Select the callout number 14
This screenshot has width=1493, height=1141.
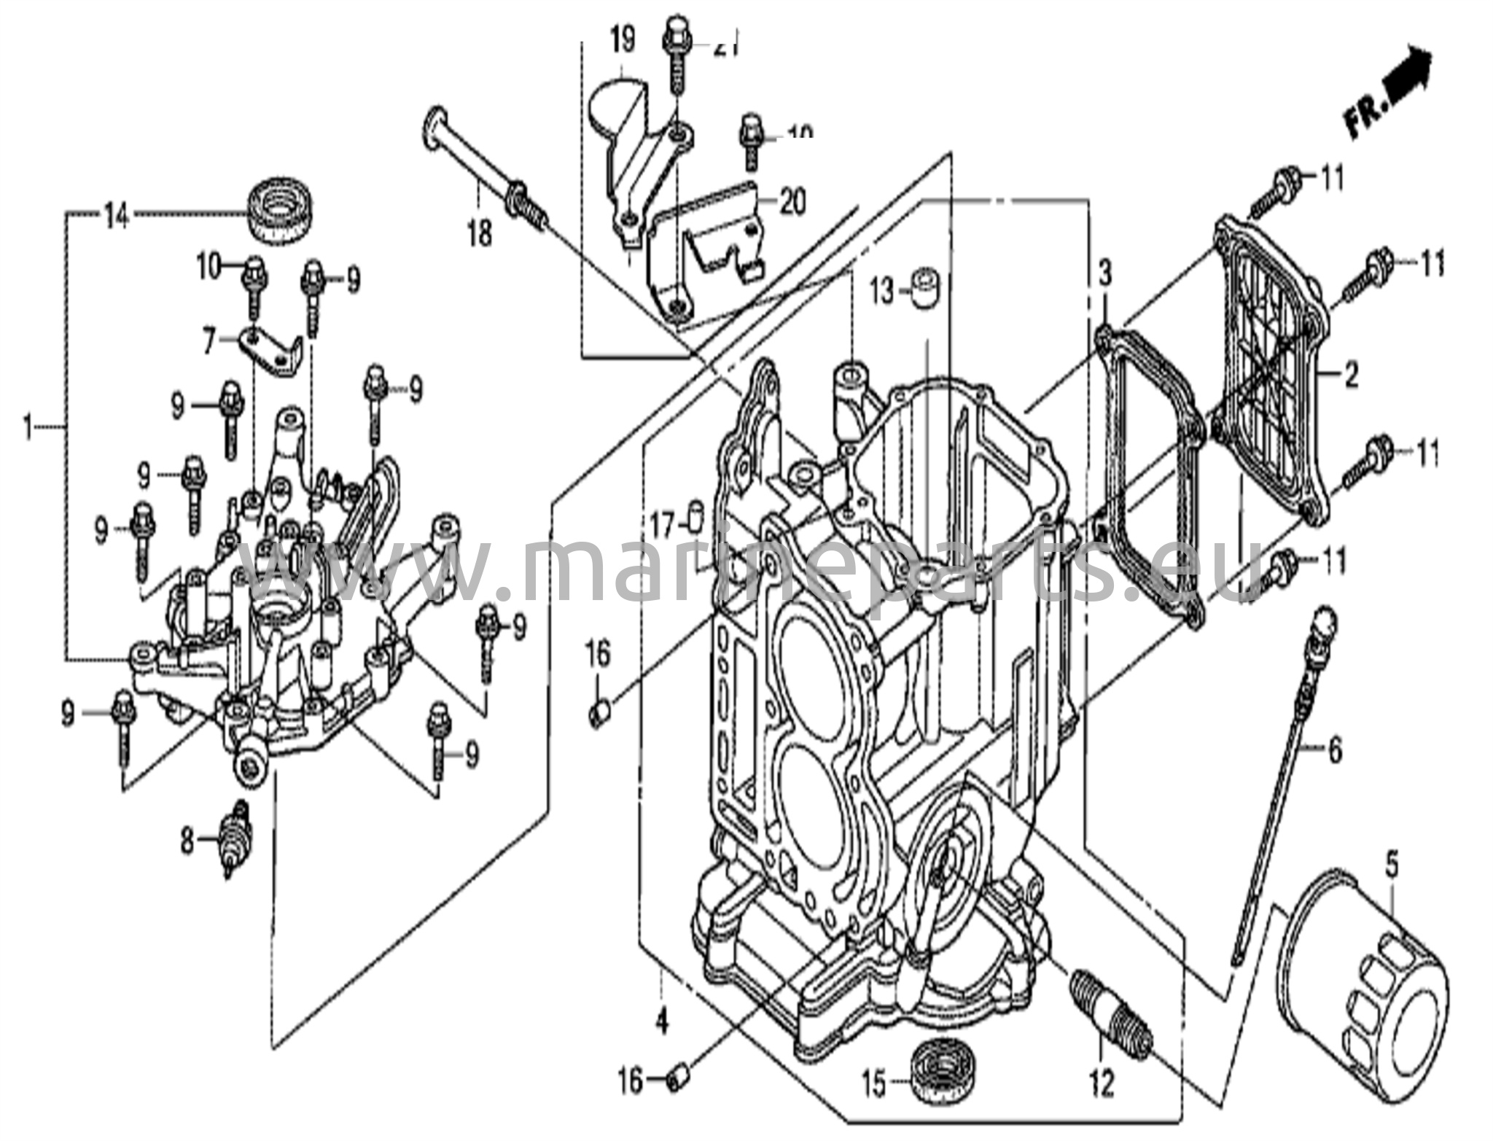(x=116, y=216)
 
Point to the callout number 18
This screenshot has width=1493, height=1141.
(x=480, y=235)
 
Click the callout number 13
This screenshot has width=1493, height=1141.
(x=881, y=292)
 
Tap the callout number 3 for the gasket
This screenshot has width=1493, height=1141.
(x=1106, y=275)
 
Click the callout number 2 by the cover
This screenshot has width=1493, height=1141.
(x=1351, y=377)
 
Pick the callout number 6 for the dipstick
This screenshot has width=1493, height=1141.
(x=1335, y=749)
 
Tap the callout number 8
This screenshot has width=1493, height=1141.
(x=187, y=842)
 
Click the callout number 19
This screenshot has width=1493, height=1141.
(x=622, y=41)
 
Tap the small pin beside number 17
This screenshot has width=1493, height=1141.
(x=696, y=519)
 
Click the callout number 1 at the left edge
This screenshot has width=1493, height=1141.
(x=28, y=427)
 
